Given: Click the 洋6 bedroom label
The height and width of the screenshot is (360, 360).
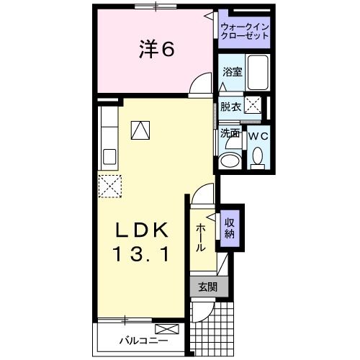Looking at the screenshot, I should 156,50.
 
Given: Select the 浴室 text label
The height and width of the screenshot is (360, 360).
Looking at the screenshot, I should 232,72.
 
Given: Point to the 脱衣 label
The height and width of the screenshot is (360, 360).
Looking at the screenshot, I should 230,107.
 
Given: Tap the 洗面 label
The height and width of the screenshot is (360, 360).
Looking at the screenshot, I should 230,134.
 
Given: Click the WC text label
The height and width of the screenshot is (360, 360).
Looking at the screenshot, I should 258,134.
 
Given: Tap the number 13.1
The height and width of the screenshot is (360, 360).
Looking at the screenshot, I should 142,253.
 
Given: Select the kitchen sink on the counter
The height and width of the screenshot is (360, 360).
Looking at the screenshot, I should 109,156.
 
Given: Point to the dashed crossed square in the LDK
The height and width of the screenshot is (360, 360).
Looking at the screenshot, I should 109,186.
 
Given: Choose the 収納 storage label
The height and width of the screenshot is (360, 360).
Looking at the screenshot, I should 229,228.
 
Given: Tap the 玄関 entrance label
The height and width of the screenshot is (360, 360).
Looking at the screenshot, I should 207,287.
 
